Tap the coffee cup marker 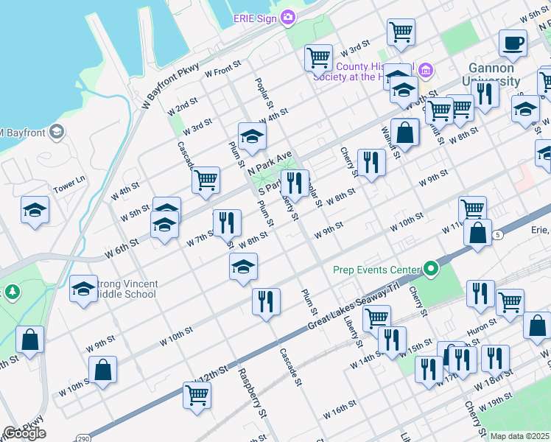[513, 44]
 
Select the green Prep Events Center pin [429, 270]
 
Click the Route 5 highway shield [499, 234]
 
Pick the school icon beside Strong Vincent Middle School [84, 290]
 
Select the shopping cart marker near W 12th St [197, 395]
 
